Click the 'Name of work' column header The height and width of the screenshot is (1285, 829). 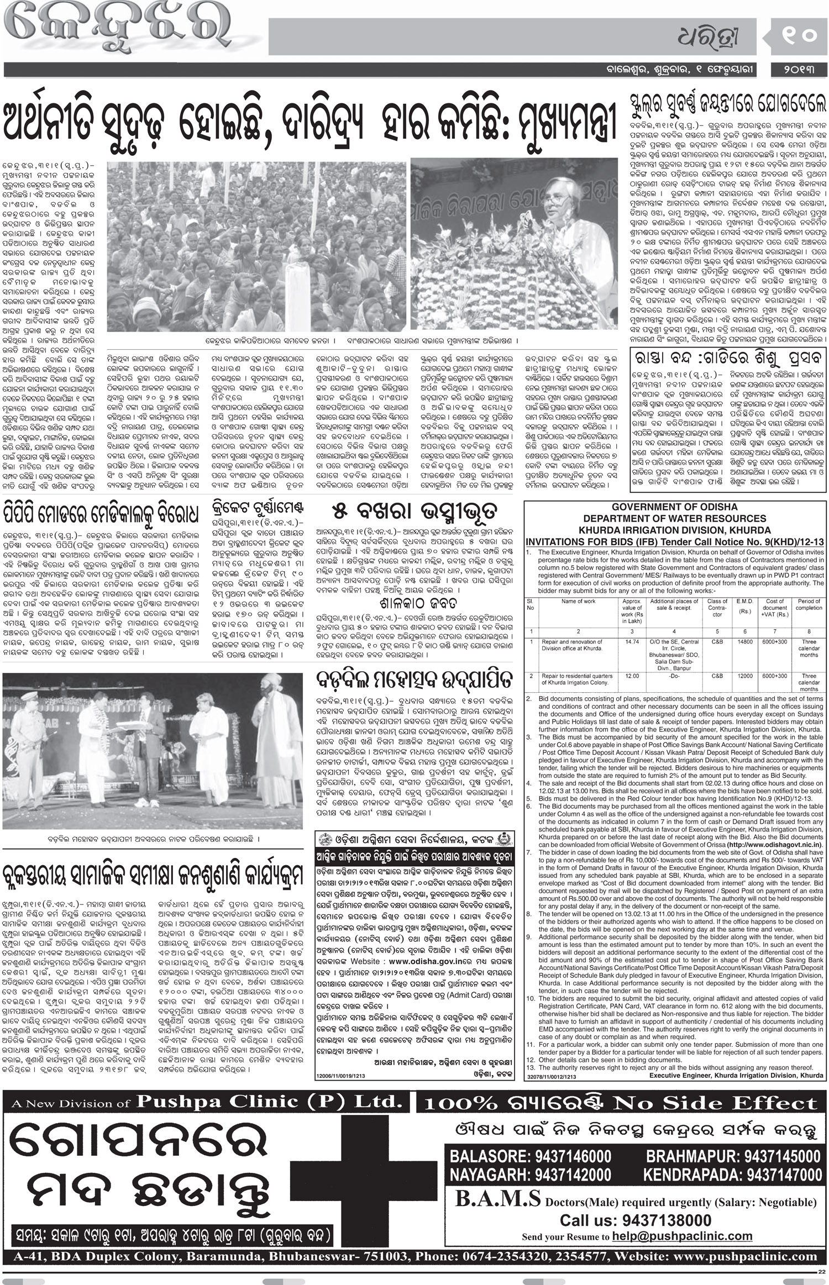pyautogui.click(x=578, y=601)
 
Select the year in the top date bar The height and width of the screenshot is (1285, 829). pyautogui.click(x=799, y=70)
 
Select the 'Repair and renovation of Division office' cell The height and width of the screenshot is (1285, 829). pyautogui.click(x=578, y=645)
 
